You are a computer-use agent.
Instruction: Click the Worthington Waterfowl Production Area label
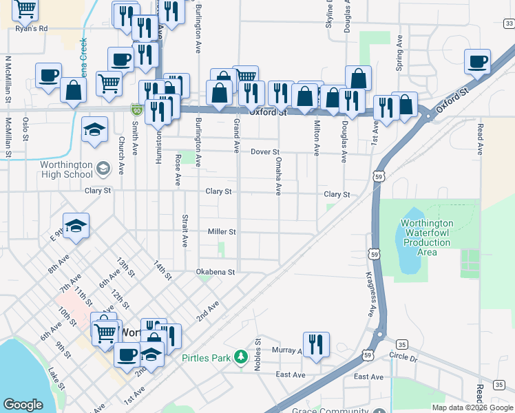pos(428,237)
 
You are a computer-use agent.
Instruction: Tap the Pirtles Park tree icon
pos(240,357)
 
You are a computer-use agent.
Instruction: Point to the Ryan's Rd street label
pos(32,28)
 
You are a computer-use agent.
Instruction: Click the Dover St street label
pos(264,151)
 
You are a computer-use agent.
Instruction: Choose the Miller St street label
pos(222,232)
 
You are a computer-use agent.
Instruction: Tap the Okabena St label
pos(216,272)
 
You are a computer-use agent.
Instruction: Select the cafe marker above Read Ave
pos(477,62)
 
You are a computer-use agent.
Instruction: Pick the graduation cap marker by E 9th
pos(76,224)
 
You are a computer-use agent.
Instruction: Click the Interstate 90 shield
pos(136,109)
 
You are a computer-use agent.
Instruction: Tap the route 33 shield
pos(508,25)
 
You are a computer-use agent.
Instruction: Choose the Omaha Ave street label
pos(279,176)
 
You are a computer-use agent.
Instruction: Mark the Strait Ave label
pos(185,230)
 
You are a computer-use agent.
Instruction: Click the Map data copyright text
pos(472,407)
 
